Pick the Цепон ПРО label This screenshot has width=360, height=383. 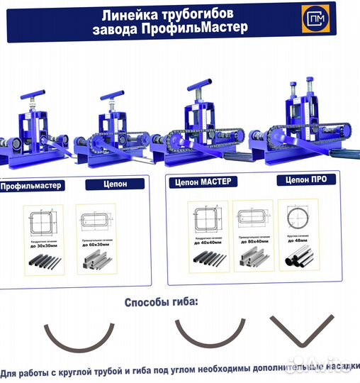pos(302,180)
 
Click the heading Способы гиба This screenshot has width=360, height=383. pos(162,303)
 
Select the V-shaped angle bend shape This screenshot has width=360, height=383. pos(300,337)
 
